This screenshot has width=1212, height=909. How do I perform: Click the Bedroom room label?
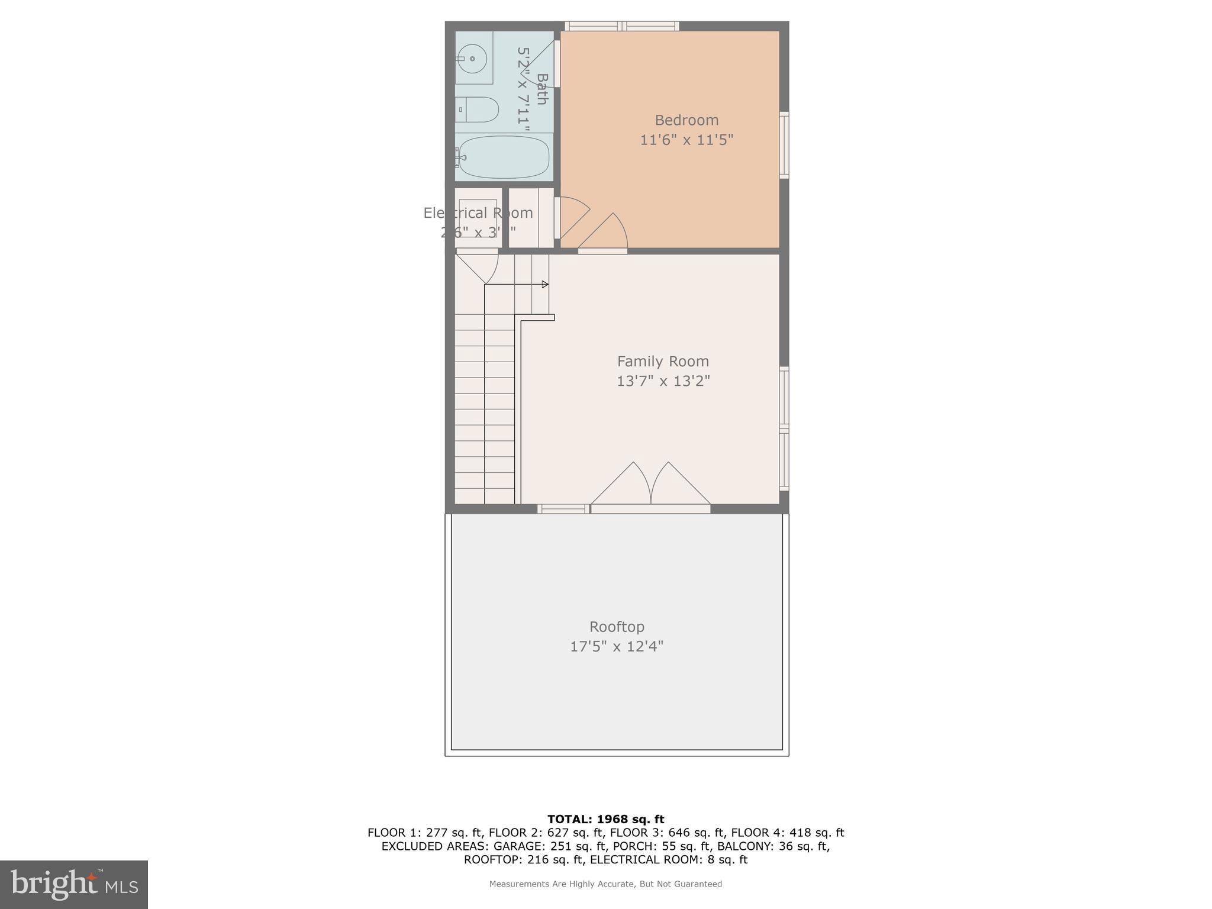tap(686, 120)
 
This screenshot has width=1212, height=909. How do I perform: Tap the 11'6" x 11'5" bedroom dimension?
tap(686, 140)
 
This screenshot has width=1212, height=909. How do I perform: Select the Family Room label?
tap(663, 361)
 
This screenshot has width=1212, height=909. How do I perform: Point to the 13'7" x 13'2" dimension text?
tap(663, 381)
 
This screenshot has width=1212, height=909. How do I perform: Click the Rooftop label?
tap(617, 626)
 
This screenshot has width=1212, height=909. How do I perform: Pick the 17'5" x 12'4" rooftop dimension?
tap(617, 646)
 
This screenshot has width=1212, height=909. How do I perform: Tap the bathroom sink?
tap(472, 58)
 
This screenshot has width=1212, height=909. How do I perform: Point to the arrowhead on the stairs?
tap(545, 285)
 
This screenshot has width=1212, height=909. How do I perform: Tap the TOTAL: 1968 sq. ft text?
tap(605, 819)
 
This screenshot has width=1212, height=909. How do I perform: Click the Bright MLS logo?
tap(74, 885)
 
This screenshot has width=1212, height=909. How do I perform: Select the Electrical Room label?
tap(478, 212)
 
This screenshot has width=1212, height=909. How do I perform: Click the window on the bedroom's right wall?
tap(784, 144)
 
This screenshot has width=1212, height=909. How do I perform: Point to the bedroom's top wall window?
tap(621, 25)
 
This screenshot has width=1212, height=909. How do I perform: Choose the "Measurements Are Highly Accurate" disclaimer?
tap(605, 884)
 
